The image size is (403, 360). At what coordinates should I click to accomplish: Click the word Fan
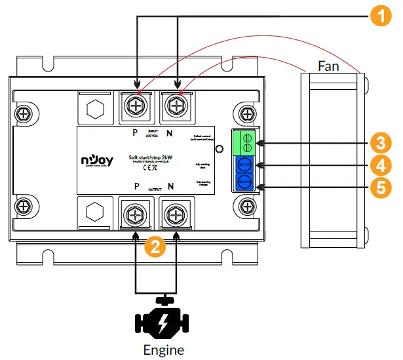tap(328, 66)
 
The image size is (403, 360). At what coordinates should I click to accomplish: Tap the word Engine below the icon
tap(164, 350)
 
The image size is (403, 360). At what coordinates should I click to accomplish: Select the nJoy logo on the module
tap(97, 160)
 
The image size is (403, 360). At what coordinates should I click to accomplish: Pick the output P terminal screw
tap(136, 213)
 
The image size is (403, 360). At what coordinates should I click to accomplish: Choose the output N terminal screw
tap(175, 213)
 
